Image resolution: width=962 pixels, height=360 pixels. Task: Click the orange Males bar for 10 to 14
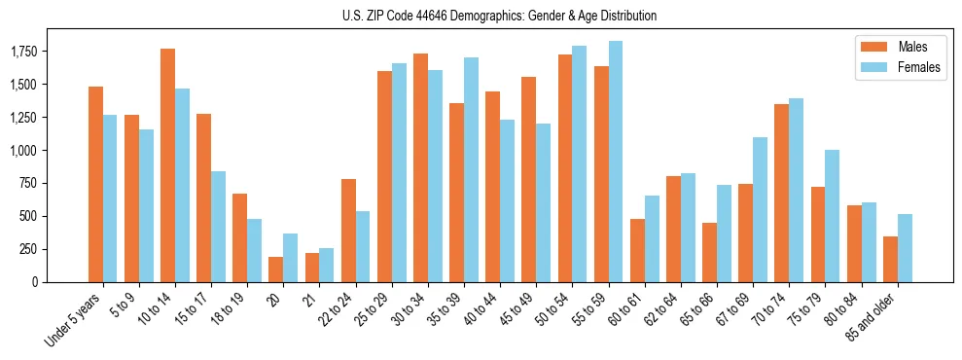pos(167,165)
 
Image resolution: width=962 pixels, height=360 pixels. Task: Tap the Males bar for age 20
pos(275,270)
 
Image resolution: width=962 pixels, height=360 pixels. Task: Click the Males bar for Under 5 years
pos(95,185)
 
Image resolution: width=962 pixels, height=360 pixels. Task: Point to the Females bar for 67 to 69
pos(760,209)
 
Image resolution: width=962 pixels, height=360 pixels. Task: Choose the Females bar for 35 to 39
pos(471,170)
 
